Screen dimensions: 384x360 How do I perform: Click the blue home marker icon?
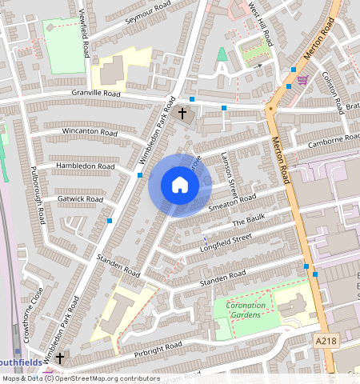coord(180,186)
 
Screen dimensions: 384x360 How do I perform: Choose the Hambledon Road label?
coord(85,166)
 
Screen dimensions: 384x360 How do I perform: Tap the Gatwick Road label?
coord(80,198)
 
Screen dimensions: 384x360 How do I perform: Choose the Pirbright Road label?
coord(158,348)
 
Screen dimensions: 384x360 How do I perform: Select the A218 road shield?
coord(325,341)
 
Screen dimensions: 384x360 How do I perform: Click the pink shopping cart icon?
coord(302,79)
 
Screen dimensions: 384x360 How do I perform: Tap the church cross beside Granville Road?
coord(182,114)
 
